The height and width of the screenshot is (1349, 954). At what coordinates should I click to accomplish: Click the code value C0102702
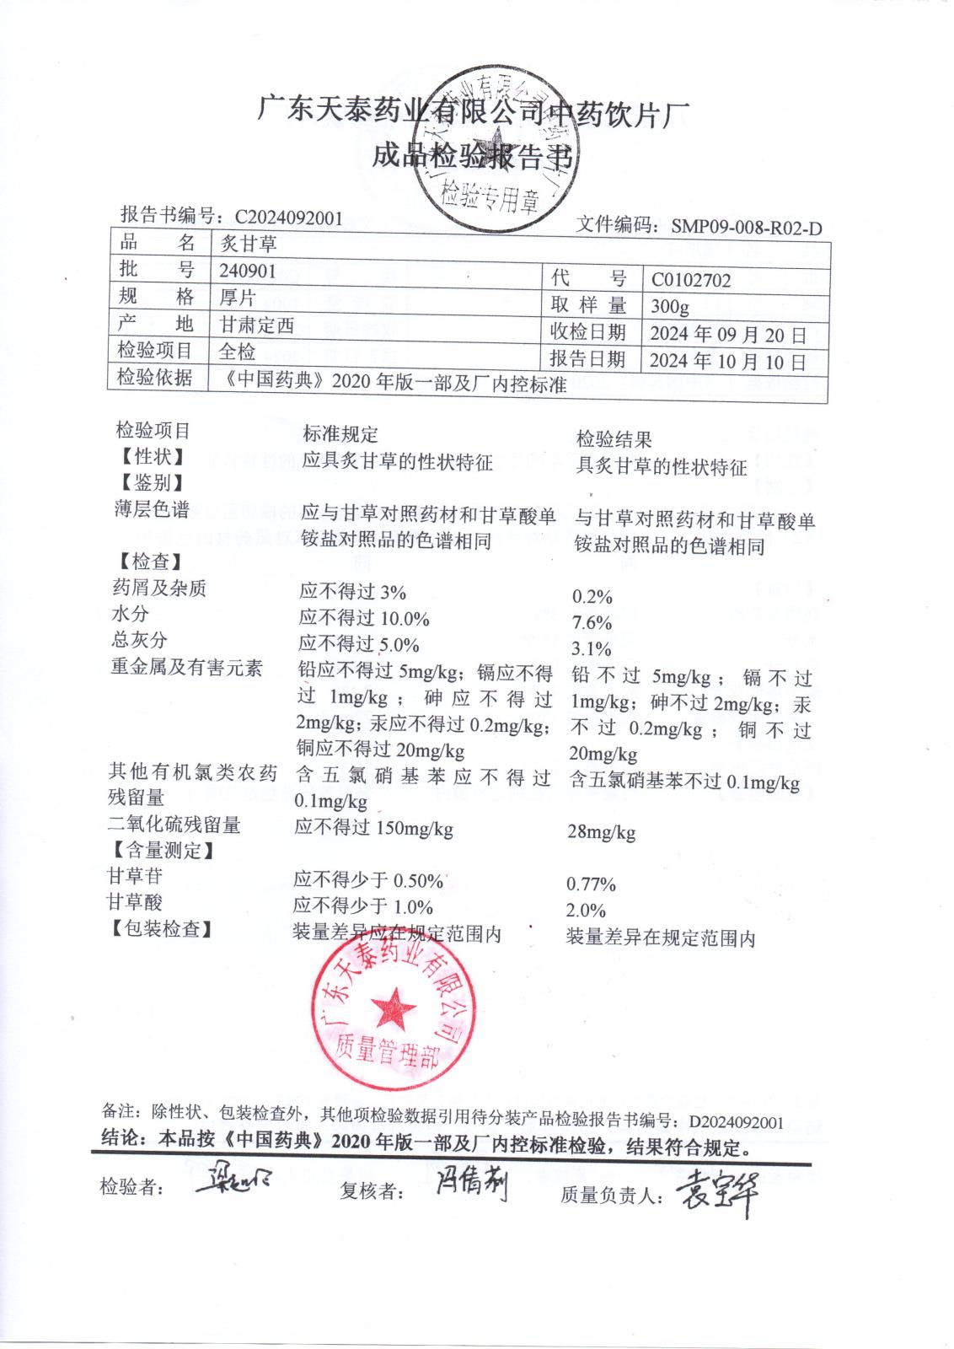point(691,280)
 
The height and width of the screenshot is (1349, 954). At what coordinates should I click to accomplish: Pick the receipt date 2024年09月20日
point(728,335)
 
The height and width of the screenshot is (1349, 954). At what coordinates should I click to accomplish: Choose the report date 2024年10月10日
point(728,361)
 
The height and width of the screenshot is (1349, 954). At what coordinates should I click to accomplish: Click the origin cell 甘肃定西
point(257,325)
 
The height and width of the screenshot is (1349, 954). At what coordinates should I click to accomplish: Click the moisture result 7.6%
point(592,623)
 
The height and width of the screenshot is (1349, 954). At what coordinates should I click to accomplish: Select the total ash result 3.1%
point(591,649)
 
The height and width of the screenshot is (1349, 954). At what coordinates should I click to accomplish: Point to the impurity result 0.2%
point(592,598)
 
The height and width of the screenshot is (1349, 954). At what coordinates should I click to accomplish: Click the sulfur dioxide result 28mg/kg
point(602,832)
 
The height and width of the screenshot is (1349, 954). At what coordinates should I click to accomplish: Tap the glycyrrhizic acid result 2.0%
point(586,911)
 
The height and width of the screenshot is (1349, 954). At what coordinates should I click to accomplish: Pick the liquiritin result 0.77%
point(591,884)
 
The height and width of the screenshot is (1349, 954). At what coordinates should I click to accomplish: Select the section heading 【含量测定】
point(159,851)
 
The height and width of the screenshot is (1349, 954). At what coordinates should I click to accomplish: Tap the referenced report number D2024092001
point(736,1122)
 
